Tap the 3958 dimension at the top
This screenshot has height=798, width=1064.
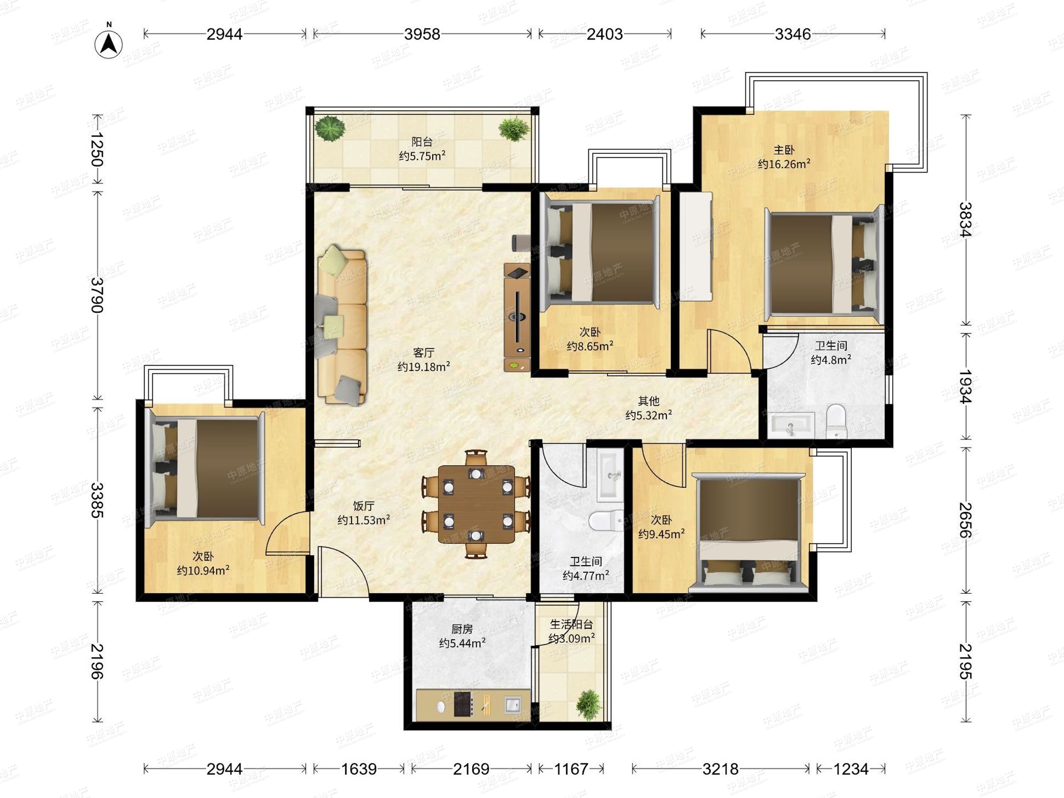coord(422,34)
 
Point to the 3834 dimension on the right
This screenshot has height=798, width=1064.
coord(965,219)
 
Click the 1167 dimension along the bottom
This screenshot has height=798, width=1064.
coord(571,769)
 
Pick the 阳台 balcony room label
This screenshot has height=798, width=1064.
coord(422,142)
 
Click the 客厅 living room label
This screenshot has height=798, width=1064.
coord(423,352)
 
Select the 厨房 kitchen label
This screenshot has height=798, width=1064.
coord(462,629)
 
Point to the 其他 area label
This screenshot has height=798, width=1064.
coord(649,401)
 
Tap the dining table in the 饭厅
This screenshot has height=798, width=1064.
coord(476,505)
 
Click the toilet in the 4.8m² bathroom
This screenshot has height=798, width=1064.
coord(836,421)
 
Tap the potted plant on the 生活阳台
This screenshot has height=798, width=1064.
coord(589,705)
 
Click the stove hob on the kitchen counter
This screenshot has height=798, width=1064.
coord(463,704)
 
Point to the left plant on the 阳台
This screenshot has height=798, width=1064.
coord(330,128)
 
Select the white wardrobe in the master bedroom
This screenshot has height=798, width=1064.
coord(696,247)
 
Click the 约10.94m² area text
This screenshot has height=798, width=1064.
coord(203,571)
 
